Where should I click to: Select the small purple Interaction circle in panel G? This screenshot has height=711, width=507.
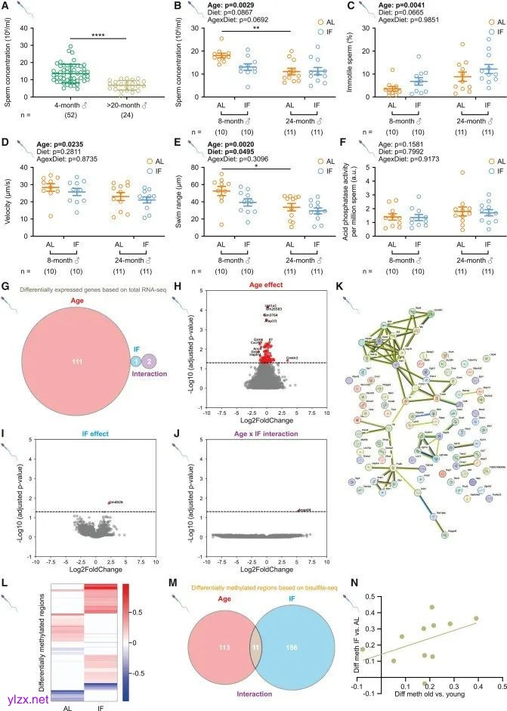[x=149, y=340]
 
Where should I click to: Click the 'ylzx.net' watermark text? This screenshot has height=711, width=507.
[x=27, y=699]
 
